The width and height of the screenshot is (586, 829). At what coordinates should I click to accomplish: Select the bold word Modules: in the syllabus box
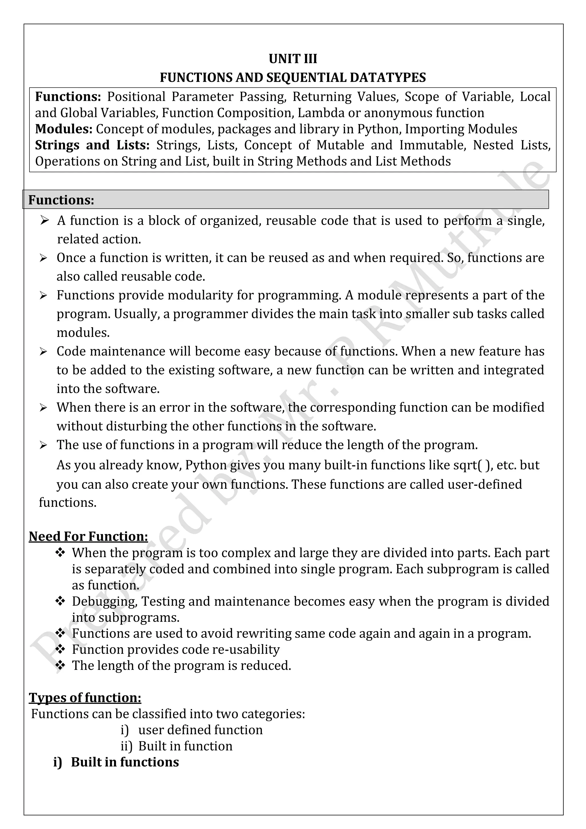coord(64,129)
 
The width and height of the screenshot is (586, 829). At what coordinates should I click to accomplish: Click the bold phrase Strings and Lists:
coord(92,145)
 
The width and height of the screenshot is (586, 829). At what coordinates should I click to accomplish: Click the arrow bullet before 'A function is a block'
coord(44,220)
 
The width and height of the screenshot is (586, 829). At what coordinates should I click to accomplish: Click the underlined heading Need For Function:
coord(88,536)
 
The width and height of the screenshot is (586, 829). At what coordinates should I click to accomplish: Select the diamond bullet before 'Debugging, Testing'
coord(60,601)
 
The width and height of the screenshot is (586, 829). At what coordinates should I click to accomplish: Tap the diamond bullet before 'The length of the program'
coord(60,665)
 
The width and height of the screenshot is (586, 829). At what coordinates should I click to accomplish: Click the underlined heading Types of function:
coord(85,698)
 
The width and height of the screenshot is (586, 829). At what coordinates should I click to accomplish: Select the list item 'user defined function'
coord(200,730)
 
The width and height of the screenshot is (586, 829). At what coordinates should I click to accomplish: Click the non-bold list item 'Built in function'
coord(185,746)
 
